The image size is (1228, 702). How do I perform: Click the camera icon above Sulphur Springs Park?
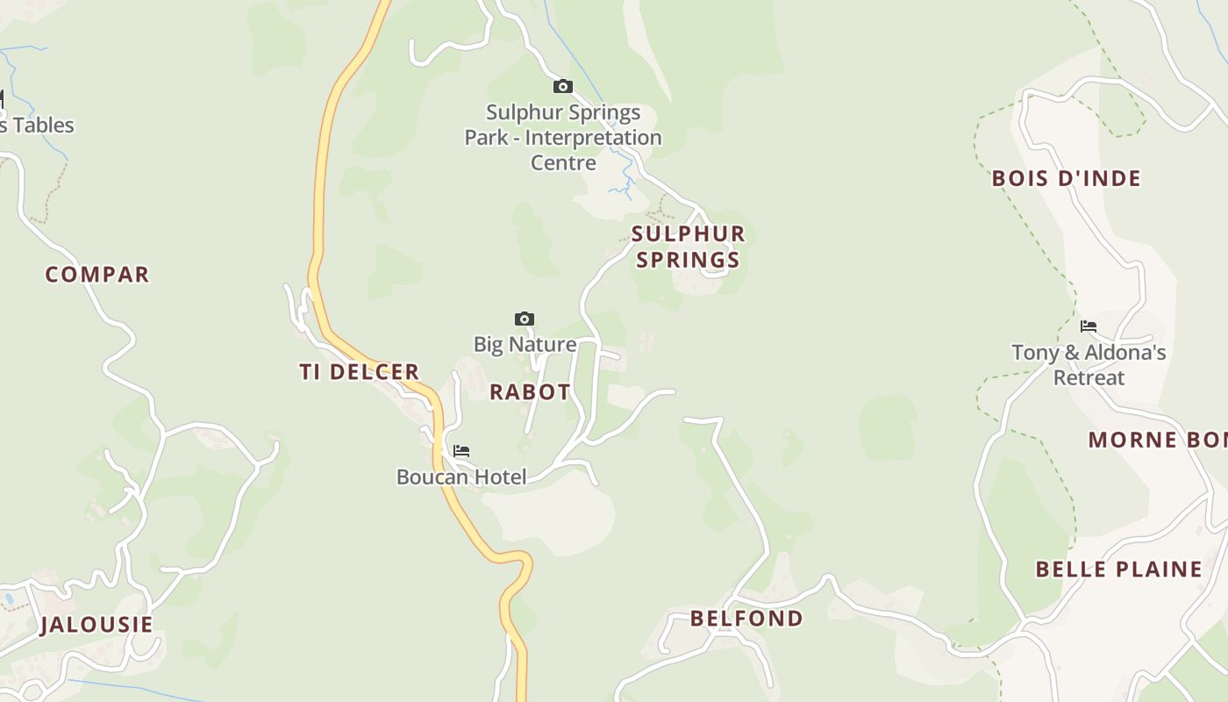point(563,86)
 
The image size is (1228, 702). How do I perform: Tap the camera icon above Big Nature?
point(525,319)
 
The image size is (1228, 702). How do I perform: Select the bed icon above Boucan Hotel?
point(461,451)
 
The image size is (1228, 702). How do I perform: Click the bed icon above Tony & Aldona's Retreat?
point(1089,326)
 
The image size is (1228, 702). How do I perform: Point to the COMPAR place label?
point(97,275)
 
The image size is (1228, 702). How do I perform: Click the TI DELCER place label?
point(360,372)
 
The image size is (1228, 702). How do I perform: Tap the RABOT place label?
point(530,392)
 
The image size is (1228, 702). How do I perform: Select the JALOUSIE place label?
point(96,625)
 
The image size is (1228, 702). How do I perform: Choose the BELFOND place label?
point(746,619)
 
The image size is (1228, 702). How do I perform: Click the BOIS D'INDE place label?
point(1067,179)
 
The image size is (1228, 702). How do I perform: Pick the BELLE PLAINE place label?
point(1119,569)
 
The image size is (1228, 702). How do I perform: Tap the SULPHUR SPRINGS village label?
point(689,247)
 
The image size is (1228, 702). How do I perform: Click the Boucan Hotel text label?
point(461,477)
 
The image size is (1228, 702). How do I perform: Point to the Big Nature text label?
point(525,344)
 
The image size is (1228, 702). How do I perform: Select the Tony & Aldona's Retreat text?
point(1089,365)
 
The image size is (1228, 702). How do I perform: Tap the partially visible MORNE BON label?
point(1157,440)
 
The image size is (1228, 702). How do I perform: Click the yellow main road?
point(321,175)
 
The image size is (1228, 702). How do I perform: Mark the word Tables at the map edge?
point(42,125)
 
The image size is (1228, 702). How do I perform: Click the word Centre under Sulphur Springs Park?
point(563,162)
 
